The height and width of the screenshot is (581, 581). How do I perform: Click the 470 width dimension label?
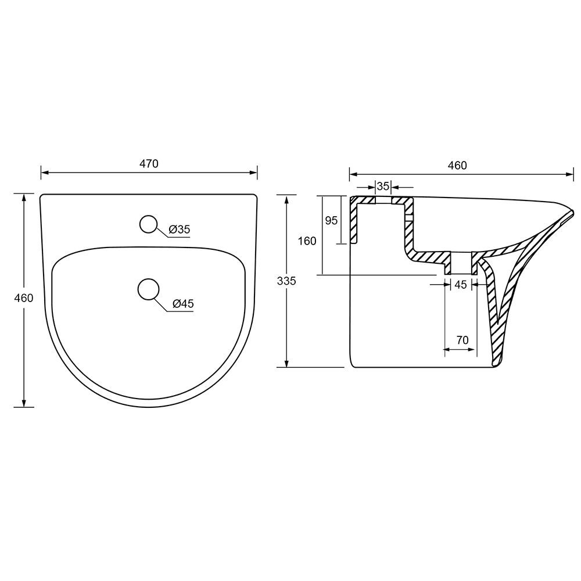pyautogui.click(x=149, y=164)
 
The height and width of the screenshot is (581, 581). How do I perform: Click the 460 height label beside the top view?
pyautogui.click(x=24, y=297)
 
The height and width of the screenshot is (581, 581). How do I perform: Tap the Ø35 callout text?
pyautogui.click(x=180, y=229)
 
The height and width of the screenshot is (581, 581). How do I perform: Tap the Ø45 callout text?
pyautogui.click(x=183, y=304)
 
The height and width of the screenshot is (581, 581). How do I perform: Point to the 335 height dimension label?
pyautogui.click(x=286, y=281)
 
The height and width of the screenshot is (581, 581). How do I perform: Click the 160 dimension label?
pyautogui.click(x=307, y=241)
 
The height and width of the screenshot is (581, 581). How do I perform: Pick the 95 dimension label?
pyautogui.click(x=331, y=220)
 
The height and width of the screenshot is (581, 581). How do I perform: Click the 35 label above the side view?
pyautogui.click(x=383, y=186)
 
